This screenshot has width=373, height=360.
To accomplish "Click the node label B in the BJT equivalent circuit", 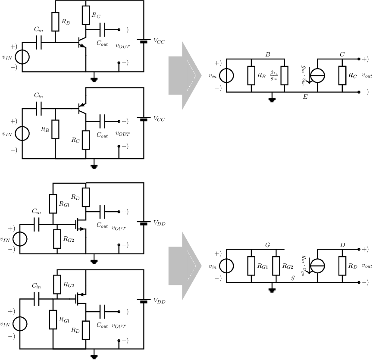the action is tap(268, 54).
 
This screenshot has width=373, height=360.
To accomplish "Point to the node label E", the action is tap(305, 97).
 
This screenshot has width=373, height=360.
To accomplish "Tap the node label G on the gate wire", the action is tap(268, 245).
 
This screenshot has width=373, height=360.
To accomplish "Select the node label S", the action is tap(293, 278).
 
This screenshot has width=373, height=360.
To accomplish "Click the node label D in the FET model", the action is tap(342, 245).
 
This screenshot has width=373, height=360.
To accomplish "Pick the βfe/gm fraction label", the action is tap(274, 75).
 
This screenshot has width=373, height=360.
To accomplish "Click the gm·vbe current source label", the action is tap(303, 75).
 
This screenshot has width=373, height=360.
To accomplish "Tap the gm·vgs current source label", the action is tap(303, 266).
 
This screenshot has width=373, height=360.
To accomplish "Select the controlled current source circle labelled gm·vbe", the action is tap(317, 75).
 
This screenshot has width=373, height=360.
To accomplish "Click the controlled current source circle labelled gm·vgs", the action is tap(317, 266).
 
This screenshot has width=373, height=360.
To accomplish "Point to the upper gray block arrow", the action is tap(185, 75).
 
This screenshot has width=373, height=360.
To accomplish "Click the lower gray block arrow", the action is tap(185, 266).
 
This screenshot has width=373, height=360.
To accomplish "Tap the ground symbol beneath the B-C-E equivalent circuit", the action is tap(272, 99).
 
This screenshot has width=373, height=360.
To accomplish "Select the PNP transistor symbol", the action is tap(82, 108).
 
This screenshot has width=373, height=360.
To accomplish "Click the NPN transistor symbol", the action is tap(82, 43).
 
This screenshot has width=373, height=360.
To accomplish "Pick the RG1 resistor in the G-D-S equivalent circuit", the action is tap(251, 266).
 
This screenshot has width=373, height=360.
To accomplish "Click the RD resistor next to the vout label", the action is tap(342, 266).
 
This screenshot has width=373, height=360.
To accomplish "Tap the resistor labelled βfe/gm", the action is tap(285, 75).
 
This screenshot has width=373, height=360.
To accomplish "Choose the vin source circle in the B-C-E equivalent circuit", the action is tap(226, 75).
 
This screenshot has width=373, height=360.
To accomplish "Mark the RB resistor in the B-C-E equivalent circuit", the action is tap(251, 75).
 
